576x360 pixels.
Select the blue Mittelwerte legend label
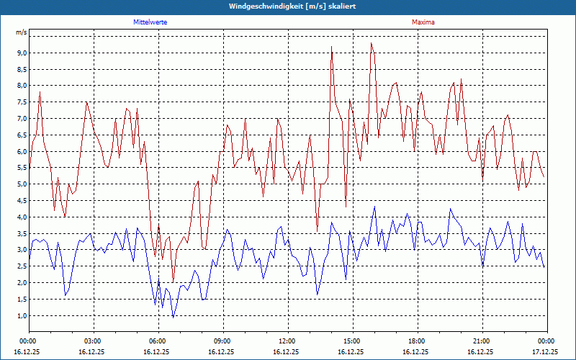pos(150,22)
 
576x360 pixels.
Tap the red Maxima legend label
pos(423,22)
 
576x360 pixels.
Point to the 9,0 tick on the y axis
pos(21,53)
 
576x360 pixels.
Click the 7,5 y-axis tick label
pos(21,102)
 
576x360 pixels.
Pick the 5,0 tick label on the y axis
pos(21,184)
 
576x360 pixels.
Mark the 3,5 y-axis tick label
pos(21,233)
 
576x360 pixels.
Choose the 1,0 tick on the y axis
pos(21,315)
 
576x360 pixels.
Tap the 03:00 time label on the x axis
pos(93,341)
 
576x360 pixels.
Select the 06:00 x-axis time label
pos(158,341)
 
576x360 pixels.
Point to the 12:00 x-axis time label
pos(287,341)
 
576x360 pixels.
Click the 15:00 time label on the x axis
pos(352,341)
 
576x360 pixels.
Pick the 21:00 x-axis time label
pos(482,341)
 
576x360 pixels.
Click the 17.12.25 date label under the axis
pos(546,351)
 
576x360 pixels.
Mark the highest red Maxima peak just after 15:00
pos(372,43)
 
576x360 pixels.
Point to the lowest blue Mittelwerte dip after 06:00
pos(173,317)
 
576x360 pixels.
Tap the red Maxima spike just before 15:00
pos(331,47)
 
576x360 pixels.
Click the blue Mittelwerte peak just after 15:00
pos(374,207)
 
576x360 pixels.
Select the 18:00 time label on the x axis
pos(417,341)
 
